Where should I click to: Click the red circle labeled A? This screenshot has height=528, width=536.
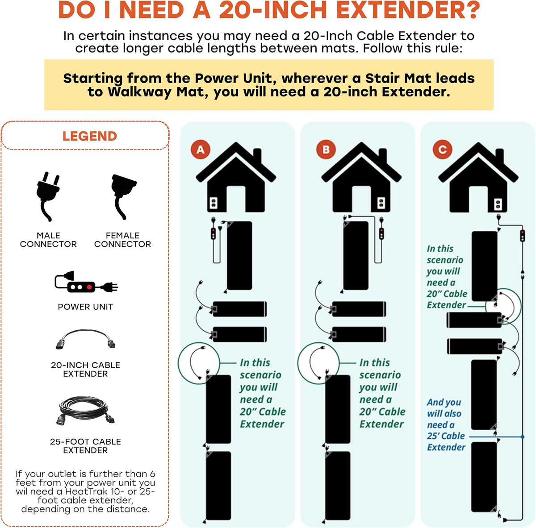[x=200, y=150]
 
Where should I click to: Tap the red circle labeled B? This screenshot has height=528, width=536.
[x=326, y=150]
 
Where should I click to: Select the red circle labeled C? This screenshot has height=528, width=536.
[x=442, y=150]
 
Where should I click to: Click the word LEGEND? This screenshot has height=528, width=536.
[x=90, y=136]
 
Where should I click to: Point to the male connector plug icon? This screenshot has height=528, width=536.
[x=48, y=196]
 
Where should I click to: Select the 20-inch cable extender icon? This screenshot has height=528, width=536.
[x=85, y=339]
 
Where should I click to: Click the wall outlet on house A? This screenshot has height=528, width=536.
[x=214, y=203]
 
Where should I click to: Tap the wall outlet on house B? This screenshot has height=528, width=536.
[x=381, y=203]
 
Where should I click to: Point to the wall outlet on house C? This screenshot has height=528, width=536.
[x=498, y=204]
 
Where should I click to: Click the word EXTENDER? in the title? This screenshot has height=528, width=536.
[x=408, y=10]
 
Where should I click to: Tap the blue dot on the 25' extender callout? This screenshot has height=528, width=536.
[x=522, y=437]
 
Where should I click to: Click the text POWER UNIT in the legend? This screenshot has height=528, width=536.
[x=85, y=307]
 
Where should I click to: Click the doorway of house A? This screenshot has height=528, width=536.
[x=236, y=199]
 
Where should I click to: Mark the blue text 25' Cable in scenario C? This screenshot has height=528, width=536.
[x=446, y=436]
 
